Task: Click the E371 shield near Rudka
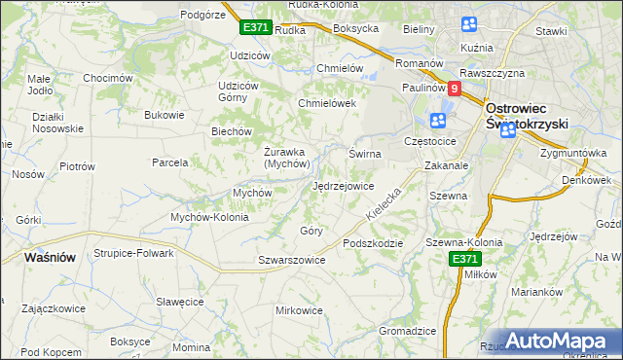pos(255,28)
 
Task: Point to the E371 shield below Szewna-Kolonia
pos(464,259)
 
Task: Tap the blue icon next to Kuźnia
pos(469,24)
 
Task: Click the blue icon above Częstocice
pos(437,121)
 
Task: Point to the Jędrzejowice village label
pos(343,186)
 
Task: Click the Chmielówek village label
pos(327,103)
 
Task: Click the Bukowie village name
pos(164,115)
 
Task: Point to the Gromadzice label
pos(407,331)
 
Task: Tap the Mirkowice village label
pos(299,310)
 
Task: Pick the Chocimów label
pos(107,78)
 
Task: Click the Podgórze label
pos(203,15)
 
